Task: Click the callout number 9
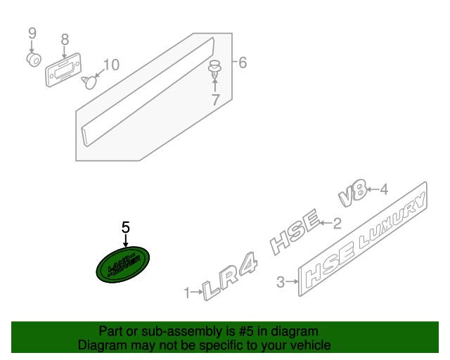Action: click(31, 33)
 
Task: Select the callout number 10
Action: click(111, 65)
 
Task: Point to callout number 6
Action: click(243, 63)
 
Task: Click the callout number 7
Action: click(215, 100)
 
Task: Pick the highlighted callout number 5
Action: click(126, 227)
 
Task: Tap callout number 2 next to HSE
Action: click(337, 224)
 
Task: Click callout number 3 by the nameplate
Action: click(280, 283)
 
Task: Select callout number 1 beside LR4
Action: click(187, 292)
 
